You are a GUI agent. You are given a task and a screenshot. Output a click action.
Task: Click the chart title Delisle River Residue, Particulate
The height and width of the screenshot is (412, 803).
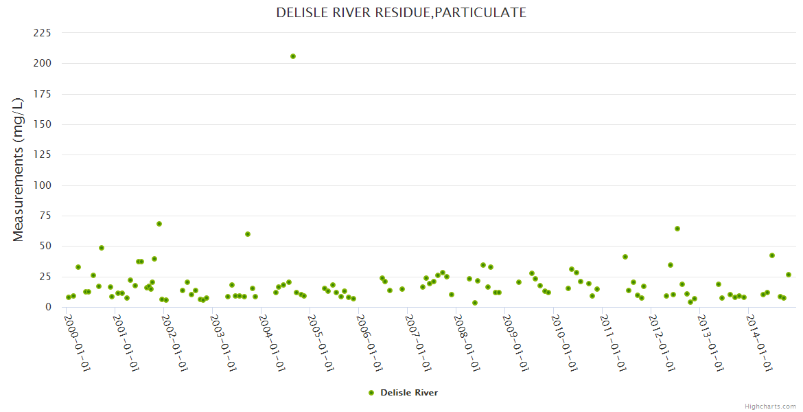(x=401, y=12)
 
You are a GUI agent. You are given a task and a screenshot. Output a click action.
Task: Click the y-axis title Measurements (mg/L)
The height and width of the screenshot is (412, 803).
(x=19, y=169)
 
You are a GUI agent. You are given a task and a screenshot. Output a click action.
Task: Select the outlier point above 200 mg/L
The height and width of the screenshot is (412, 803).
(x=293, y=56)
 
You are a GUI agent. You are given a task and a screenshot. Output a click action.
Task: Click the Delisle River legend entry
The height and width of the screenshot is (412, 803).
(x=408, y=393)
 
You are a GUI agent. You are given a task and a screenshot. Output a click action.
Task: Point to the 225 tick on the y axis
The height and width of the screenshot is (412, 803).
(x=43, y=33)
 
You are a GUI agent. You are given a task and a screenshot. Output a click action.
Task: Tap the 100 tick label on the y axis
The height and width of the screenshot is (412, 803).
(x=43, y=185)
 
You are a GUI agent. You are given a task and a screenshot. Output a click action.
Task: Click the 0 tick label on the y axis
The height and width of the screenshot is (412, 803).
(x=48, y=307)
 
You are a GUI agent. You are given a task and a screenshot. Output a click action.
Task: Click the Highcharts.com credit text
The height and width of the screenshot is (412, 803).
(x=770, y=406)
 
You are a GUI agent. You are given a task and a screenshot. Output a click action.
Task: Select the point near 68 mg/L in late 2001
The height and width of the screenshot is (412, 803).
(x=159, y=224)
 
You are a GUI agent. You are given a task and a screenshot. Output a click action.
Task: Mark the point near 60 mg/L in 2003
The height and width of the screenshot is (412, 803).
(x=248, y=234)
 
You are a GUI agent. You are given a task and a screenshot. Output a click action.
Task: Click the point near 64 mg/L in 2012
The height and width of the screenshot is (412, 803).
(x=677, y=229)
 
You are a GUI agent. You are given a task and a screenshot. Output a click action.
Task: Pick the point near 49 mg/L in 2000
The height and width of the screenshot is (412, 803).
(x=102, y=248)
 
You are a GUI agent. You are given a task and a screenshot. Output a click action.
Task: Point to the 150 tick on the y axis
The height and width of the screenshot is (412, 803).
(x=43, y=124)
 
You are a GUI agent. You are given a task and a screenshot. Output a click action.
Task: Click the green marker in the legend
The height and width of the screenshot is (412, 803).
(x=371, y=393)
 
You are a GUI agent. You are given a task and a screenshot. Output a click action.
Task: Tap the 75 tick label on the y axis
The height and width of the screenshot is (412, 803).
(x=45, y=216)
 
